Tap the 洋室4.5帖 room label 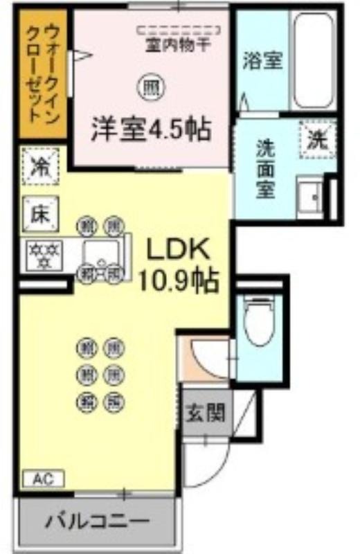pos(152,129)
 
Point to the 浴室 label pos(262,61)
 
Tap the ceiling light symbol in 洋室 pos(150,88)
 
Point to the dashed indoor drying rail pos(179,30)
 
